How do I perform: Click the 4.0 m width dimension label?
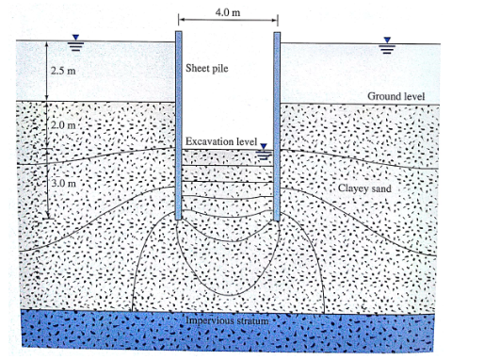tap(227, 10)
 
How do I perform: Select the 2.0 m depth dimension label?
tap(63, 124)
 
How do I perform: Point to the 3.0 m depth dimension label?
tap(63, 182)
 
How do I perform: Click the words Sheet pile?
tap(206, 69)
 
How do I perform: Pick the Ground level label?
tap(395, 96)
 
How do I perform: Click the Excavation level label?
tap(220, 141)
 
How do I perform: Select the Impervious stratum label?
tap(228, 321)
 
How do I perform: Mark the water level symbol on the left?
tap(78, 42)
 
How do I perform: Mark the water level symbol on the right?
tap(386, 44)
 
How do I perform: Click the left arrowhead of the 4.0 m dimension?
tap(181, 20)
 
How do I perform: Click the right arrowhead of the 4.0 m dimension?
tap(275, 20)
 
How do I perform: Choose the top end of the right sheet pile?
tap(278, 33)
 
